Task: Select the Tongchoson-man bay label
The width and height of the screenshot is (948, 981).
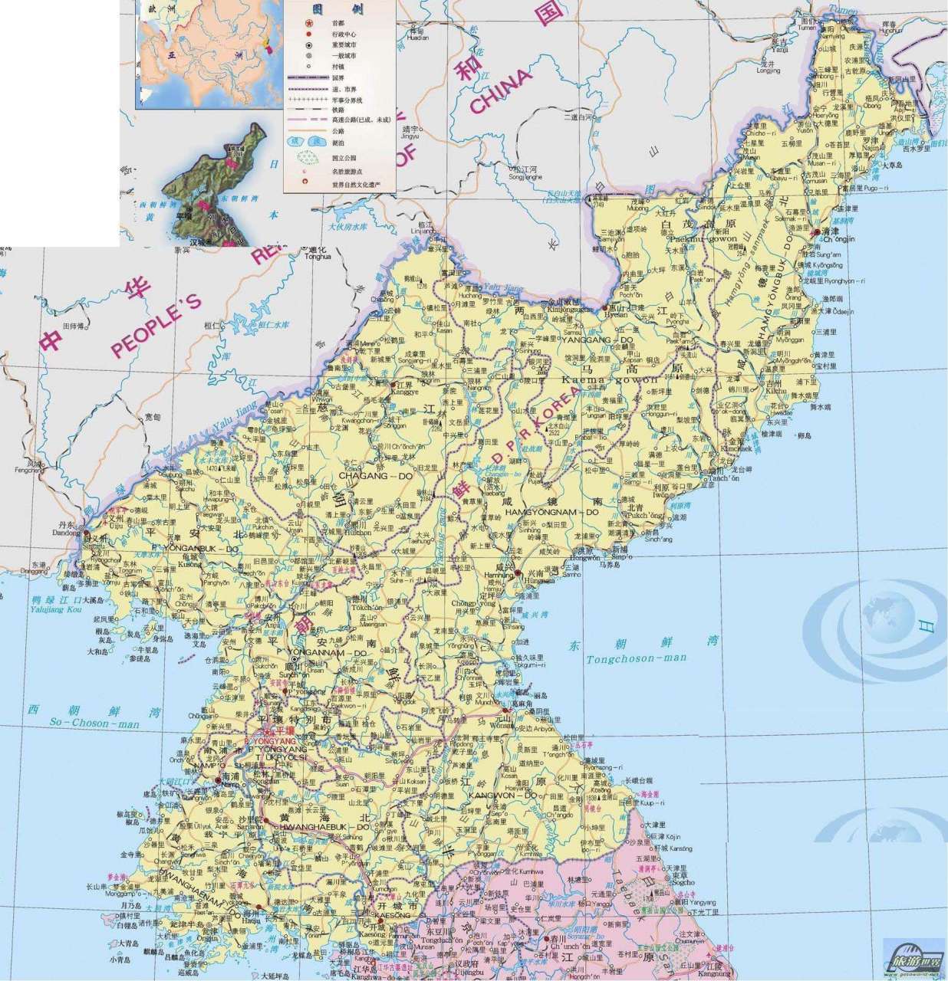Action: pos(637,658)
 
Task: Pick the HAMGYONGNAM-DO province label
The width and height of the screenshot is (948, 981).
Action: pos(551,511)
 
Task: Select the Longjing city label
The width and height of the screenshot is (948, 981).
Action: pos(768,71)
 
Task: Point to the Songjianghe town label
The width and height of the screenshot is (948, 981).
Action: pos(525,177)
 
